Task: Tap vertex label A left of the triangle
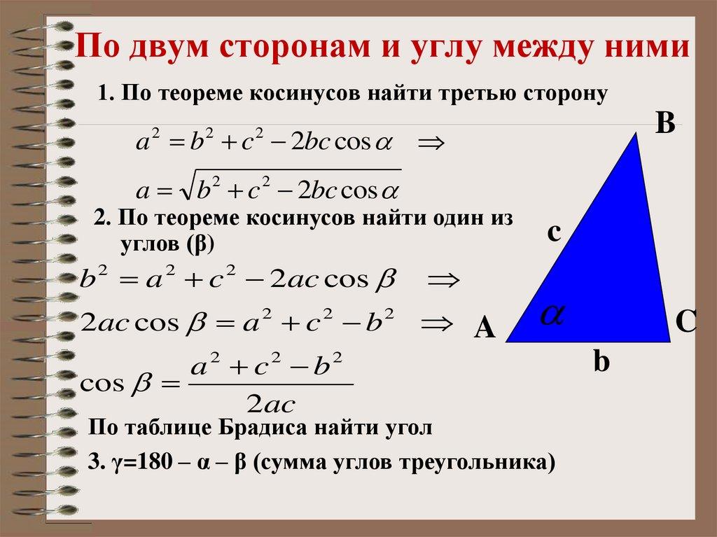[485, 328]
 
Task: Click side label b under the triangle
[601, 362]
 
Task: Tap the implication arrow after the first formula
[430, 144]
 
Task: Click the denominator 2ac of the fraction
[270, 404]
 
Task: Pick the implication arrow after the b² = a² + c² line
[443, 281]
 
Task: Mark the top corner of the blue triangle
[637, 134]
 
